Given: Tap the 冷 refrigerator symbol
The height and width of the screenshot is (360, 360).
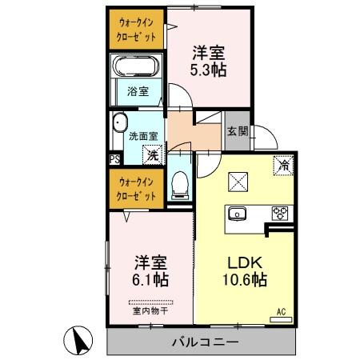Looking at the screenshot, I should point(283,166).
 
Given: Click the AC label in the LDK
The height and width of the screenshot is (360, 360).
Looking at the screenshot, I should point(281,311).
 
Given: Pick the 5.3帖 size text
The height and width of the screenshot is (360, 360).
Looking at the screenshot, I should point(209,70).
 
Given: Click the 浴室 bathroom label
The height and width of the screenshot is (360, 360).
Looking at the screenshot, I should point(138,91).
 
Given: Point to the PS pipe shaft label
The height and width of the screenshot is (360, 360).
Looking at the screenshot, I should point(114,158).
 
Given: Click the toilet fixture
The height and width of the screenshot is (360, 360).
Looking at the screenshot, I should point(180,184).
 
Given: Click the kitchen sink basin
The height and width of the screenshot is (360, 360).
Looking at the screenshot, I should point(238,213).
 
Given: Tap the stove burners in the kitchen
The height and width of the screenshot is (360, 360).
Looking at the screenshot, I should point(279,213).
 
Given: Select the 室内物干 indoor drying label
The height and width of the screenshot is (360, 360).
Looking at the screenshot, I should point(149,310).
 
